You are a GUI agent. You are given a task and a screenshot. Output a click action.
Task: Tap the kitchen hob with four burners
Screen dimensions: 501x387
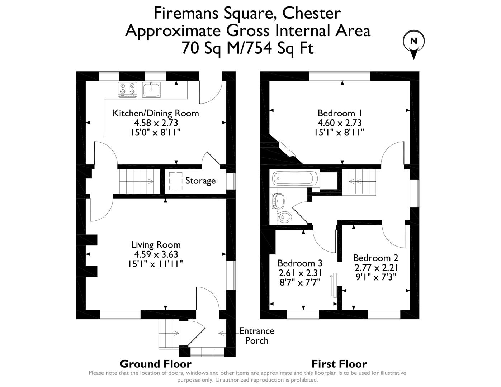(x=128, y=90)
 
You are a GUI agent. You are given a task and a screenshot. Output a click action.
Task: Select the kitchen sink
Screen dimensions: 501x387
(x=151, y=90)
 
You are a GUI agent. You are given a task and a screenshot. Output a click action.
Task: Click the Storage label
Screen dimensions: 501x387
(x=200, y=181)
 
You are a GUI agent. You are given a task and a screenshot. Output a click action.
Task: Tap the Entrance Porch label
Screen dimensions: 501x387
(x=257, y=336)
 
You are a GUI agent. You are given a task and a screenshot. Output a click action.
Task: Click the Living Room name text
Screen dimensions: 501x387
(x=156, y=245)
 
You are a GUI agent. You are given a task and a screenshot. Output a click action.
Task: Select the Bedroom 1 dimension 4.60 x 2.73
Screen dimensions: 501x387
(x=340, y=123)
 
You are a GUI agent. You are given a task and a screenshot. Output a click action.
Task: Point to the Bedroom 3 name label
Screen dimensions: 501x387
(x=300, y=263)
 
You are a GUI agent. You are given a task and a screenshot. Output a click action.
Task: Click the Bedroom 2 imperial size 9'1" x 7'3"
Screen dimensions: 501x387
(x=376, y=277)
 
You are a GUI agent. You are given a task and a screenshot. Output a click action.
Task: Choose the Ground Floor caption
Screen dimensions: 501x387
(x=156, y=364)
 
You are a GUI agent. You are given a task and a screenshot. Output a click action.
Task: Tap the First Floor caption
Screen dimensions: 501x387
(x=339, y=364)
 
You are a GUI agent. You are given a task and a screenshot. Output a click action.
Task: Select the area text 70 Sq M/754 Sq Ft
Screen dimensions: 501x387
(x=247, y=48)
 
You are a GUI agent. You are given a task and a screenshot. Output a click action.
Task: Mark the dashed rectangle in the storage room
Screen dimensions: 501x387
(x=176, y=181)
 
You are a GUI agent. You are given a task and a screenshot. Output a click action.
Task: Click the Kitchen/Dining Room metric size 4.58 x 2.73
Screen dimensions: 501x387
(x=156, y=123)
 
